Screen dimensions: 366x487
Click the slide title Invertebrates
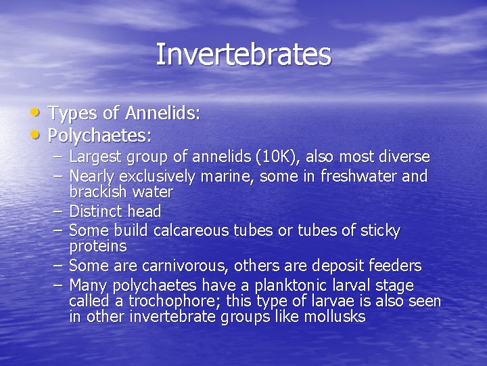[x=243, y=55]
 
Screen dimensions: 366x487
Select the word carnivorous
[x=171, y=265]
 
